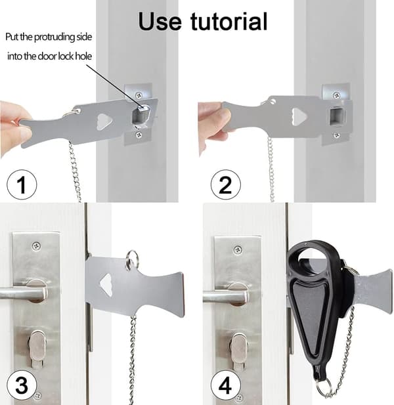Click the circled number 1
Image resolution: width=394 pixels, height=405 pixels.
22,184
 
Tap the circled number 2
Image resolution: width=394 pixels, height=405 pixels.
225,184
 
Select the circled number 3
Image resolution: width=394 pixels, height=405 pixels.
22,385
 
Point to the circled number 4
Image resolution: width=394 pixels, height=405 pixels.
225,385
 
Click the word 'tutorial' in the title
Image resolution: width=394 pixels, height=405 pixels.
229,22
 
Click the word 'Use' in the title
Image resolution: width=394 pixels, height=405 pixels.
160,22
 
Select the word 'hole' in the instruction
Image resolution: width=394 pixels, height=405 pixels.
83,56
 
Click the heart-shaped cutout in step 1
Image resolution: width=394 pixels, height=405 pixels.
104,121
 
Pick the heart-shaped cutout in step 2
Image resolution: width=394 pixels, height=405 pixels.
299,117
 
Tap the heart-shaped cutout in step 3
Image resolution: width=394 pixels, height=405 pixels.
106,285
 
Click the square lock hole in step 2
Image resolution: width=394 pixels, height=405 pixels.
336,116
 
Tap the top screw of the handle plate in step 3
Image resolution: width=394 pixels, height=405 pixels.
36,246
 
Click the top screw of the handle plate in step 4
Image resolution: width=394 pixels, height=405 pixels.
238,250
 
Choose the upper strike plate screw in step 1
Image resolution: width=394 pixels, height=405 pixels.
139,96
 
